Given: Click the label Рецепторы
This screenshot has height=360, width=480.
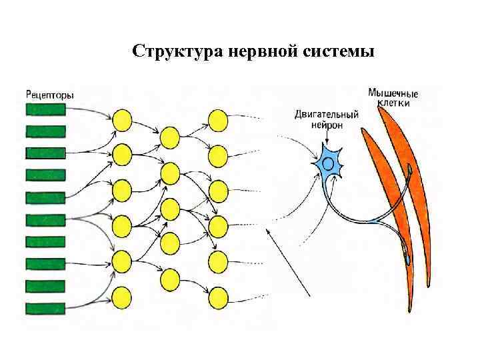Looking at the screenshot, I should click(x=50, y=95).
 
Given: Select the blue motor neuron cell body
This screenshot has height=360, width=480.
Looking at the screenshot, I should click(x=329, y=164).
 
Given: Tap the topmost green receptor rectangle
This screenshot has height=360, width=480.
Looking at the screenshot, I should click(x=45, y=109).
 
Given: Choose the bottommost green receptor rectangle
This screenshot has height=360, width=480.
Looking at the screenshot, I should click(x=45, y=308).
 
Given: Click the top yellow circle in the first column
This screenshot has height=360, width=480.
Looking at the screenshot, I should click(x=122, y=120).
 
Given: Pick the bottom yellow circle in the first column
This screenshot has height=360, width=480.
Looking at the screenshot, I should click(x=122, y=295).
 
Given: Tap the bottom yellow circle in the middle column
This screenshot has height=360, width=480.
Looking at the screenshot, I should click(x=170, y=278).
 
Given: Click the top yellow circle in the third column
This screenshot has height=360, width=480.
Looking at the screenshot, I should click(x=218, y=120).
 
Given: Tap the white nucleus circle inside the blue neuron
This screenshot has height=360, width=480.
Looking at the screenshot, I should click(x=327, y=162).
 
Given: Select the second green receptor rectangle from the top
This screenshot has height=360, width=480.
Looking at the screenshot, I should click(x=45, y=131).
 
